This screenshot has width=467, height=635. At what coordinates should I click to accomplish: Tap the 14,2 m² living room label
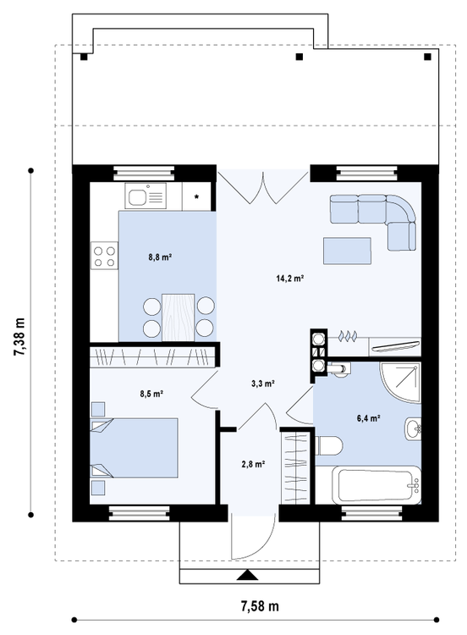(x=290, y=278)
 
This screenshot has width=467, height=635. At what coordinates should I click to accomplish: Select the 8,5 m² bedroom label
(x=151, y=393)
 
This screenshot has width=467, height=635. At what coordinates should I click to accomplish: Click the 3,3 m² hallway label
(x=263, y=384)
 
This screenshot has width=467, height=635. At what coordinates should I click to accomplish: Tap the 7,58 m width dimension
(x=260, y=606)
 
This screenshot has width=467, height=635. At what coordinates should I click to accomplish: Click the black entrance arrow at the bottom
(x=246, y=576)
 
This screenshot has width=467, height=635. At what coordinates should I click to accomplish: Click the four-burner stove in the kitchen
(x=105, y=257)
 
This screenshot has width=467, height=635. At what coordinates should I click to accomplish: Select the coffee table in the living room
(x=347, y=251)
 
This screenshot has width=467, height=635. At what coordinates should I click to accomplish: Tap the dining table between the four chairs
(x=178, y=314)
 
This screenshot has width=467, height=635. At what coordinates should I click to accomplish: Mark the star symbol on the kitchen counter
(x=198, y=196)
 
